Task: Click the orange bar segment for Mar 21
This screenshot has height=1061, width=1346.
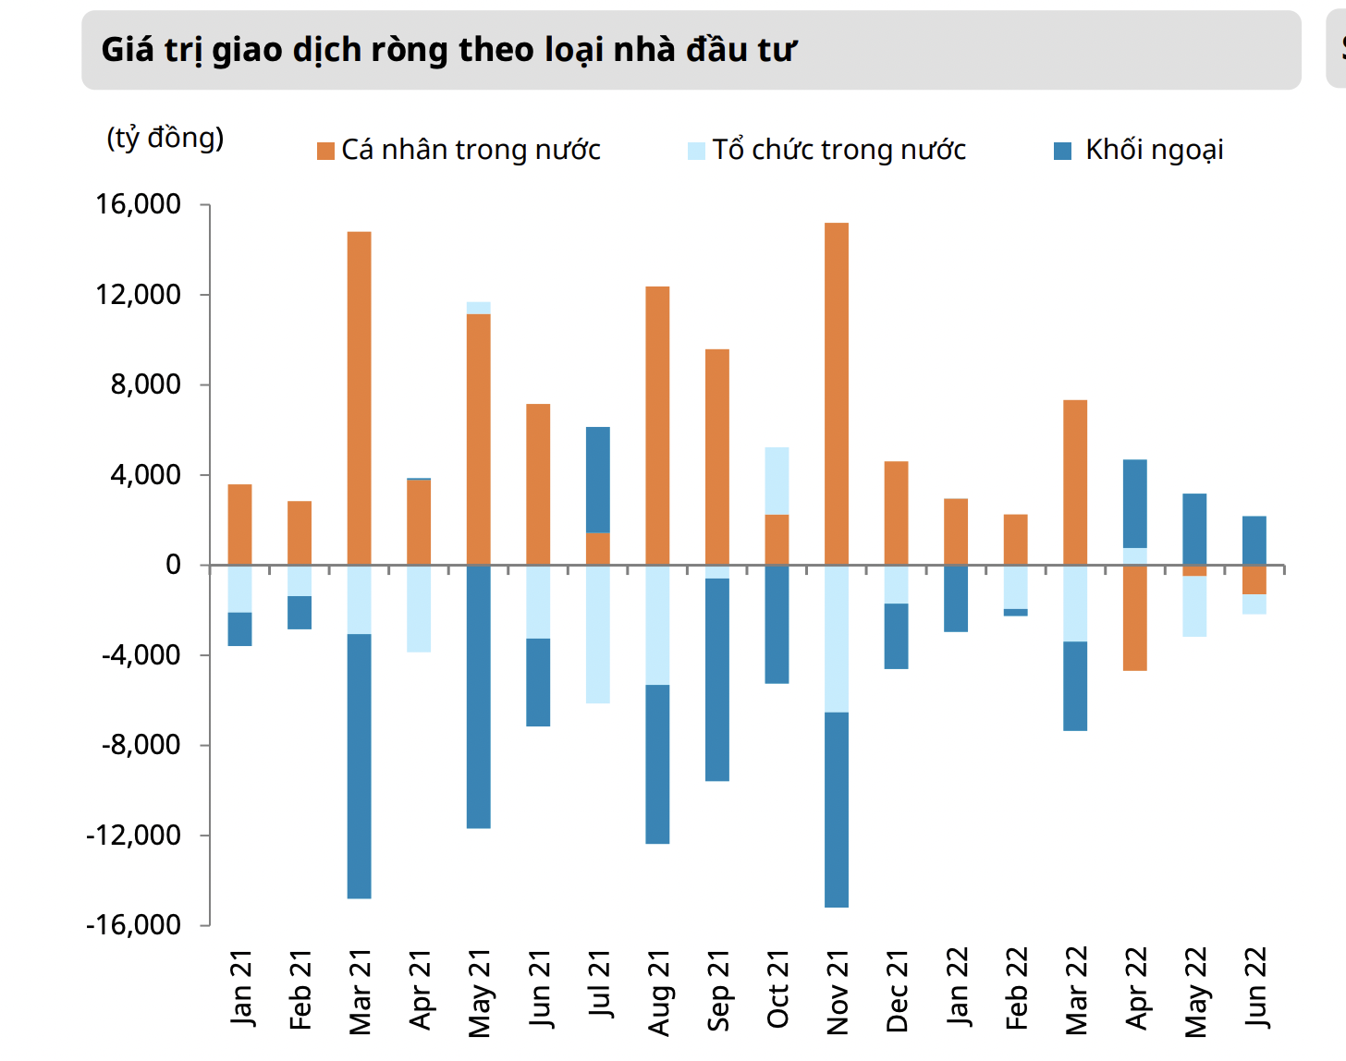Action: point(359,397)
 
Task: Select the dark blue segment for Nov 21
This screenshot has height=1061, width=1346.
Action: point(837,809)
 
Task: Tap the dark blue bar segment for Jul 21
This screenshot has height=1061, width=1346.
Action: point(598,480)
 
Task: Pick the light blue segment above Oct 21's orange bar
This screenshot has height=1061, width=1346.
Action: point(777,481)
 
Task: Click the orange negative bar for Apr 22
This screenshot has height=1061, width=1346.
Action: point(1135,617)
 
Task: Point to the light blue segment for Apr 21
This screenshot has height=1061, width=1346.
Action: point(419,608)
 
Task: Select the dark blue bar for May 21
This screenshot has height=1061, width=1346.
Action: point(478,696)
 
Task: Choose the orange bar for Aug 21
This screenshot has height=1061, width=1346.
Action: point(657,425)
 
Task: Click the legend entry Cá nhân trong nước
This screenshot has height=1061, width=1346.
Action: point(471,150)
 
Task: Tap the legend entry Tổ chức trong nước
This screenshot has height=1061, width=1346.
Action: point(838,150)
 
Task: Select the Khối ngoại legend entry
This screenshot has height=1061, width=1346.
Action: point(1154,150)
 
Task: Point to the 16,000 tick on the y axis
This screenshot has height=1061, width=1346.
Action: point(139,204)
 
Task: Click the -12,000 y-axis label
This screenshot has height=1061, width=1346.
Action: point(133,835)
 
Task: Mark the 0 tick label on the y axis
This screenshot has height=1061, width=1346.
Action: point(173,565)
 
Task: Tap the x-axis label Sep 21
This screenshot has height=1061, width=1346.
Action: point(717,991)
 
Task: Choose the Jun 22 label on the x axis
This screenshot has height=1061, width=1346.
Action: point(1255,987)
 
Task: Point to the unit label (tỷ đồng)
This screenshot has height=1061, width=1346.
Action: point(165,138)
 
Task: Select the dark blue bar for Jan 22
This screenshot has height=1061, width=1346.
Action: point(956,598)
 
